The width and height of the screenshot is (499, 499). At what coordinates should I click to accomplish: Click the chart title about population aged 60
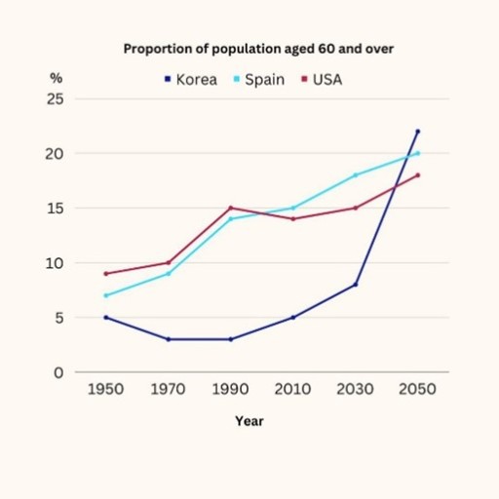(x=249, y=48)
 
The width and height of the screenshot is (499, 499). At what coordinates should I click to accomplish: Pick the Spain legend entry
(x=257, y=80)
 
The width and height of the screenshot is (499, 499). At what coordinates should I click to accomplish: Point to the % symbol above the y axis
(x=56, y=76)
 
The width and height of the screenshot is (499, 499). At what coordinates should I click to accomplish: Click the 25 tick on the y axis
(x=55, y=99)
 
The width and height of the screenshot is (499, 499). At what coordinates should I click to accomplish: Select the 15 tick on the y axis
(x=55, y=209)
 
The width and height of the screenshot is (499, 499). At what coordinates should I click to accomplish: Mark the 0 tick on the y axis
(x=58, y=372)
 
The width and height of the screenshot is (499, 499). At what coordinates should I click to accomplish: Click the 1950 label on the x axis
(x=104, y=389)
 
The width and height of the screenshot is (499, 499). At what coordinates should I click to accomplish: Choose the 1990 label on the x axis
(x=230, y=389)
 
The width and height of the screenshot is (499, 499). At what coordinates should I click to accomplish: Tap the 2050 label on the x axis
(x=418, y=389)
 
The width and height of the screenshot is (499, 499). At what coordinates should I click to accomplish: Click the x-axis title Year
(x=249, y=421)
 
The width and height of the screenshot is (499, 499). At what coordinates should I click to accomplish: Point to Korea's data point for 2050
(x=418, y=132)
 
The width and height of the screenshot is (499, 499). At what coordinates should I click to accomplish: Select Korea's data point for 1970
(x=167, y=339)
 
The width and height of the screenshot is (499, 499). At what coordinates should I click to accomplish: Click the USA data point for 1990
(x=230, y=208)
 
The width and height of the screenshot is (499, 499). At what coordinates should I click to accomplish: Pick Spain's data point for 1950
(x=104, y=295)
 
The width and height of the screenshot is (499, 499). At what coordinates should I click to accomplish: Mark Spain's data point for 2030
(x=356, y=175)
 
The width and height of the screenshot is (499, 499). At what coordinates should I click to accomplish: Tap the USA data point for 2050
(x=418, y=175)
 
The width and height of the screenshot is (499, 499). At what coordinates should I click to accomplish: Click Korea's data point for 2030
(x=356, y=285)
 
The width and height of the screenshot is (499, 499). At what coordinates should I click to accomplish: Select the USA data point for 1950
(x=104, y=274)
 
